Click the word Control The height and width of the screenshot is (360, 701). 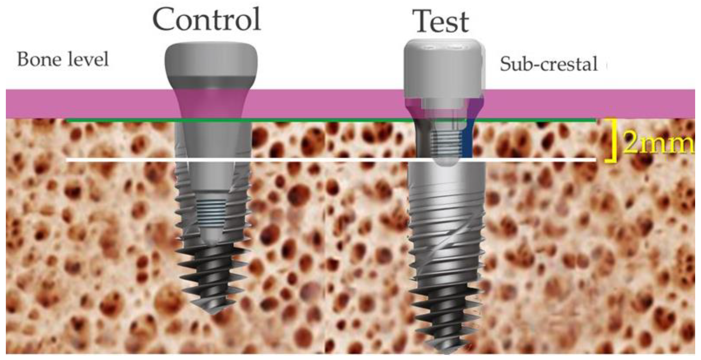[x=206, y=19]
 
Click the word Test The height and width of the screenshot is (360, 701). [x=441, y=22]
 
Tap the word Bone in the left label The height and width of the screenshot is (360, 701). [x=35, y=59]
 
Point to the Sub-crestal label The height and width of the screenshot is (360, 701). [x=548, y=64]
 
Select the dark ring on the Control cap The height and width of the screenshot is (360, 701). [x=211, y=83]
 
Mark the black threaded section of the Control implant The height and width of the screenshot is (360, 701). [x=211, y=273]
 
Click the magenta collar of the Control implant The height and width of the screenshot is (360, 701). [x=211, y=102]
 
